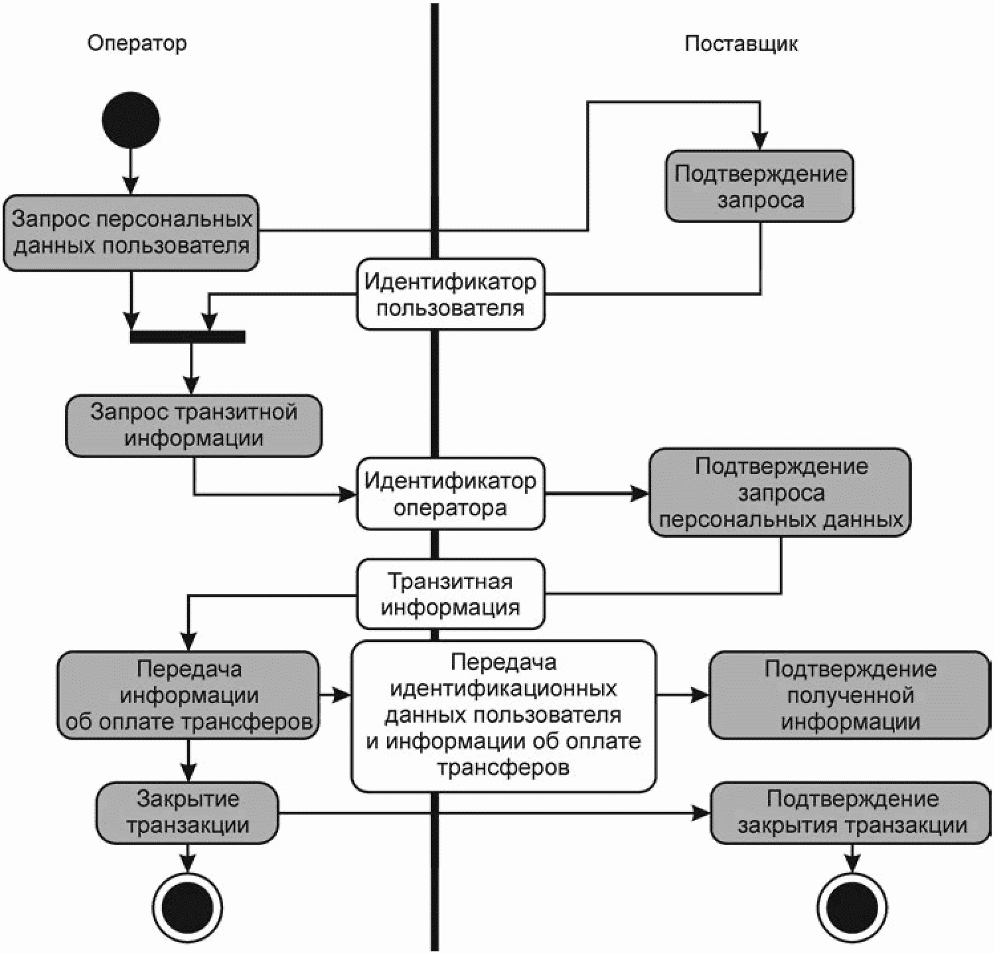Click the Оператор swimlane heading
(137, 44)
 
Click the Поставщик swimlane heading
(741, 44)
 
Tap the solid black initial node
(131, 120)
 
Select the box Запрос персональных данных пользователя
(131, 232)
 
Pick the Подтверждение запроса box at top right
(759, 186)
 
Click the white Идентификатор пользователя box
(451, 294)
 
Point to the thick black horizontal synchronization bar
(188, 337)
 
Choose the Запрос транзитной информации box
(193, 426)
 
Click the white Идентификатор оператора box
(451, 493)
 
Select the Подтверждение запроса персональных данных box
(780, 493)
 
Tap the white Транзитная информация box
(451, 594)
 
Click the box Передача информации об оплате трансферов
(189, 695)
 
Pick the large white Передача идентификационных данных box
(503, 716)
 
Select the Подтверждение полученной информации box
(850, 695)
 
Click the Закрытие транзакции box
(187, 812)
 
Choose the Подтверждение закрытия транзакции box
(851, 812)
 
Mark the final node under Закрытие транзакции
(187, 906)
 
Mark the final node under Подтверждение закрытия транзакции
(852, 906)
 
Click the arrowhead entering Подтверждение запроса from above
(760, 141)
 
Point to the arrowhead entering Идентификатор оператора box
(348, 494)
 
